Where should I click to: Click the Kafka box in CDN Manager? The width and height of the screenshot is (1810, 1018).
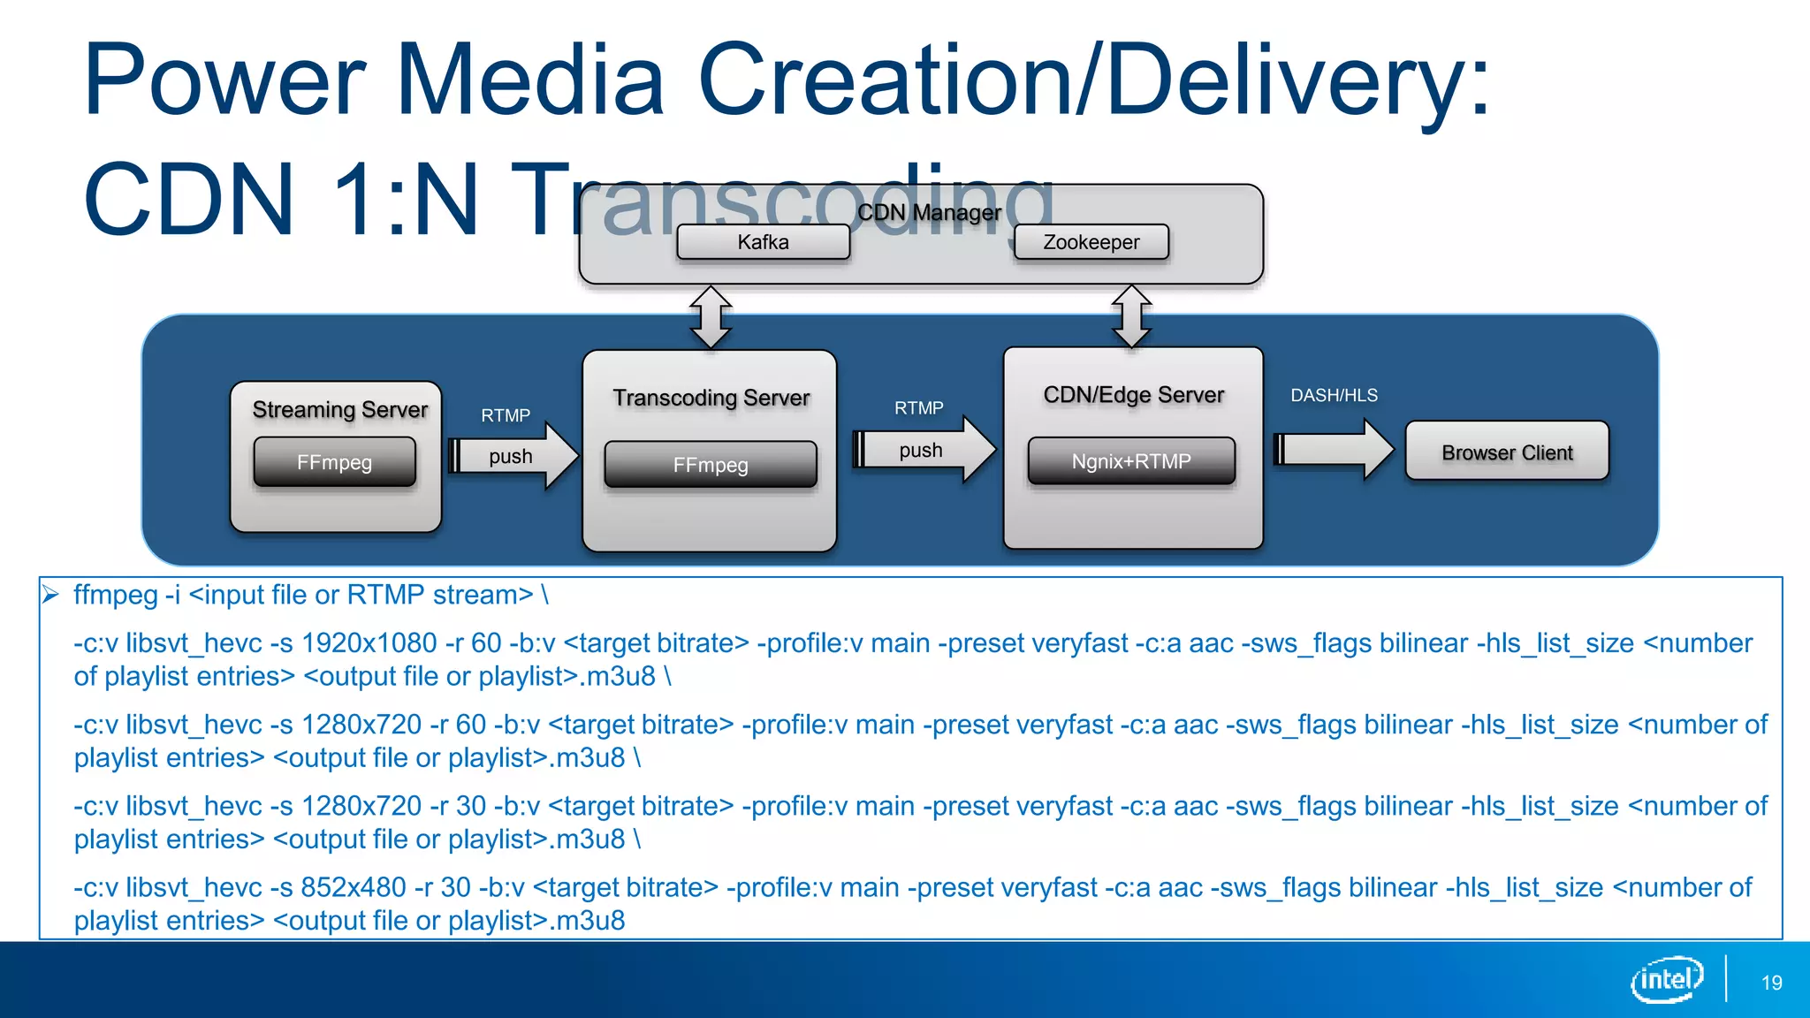click(x=763, y=242)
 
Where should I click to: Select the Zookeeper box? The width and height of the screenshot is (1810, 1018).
click(x=1091, y=242)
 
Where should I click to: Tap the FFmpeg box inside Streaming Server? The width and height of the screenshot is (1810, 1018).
click(x=334, y=462)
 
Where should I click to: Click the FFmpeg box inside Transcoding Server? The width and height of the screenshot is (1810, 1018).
click(x=710, y=465)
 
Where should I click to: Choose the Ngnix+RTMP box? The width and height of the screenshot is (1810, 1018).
click(x=1131, y=461)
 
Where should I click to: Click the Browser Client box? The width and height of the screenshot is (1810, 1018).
click(x=1507, y=452)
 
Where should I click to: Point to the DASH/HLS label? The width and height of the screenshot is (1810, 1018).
click(x=1334, y=395)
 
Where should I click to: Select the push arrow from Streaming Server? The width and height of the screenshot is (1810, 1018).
click(x=513, y=456)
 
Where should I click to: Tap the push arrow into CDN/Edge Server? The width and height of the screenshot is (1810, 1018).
click(x=924, y=450)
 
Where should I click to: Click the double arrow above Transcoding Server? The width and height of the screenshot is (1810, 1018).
click(x=711, y=317)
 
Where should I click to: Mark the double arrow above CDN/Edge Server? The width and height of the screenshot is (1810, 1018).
click(x=1132, y=316)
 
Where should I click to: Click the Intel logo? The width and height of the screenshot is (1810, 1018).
click(x=1667, y=979)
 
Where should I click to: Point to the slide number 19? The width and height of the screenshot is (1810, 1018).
click(x=1771, y=983)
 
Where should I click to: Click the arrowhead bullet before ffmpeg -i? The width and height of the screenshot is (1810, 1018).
click(x=50, y=595)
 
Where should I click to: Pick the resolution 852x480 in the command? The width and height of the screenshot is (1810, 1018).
click(x=354, y=887)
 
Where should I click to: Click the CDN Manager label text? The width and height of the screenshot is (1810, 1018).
click(x=929, y=213)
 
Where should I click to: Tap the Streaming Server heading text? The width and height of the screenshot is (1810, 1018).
click(x=339, y=409)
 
